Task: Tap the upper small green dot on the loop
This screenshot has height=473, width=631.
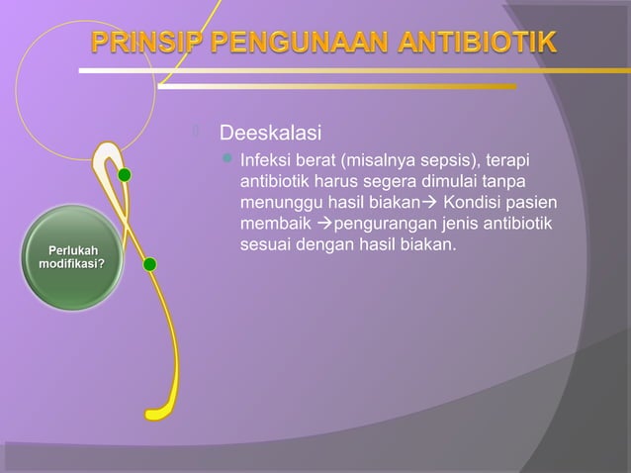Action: pyautogui.click(x=125, y=175)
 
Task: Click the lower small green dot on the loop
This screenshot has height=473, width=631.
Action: pyautogui.click(x=150, y=264)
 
